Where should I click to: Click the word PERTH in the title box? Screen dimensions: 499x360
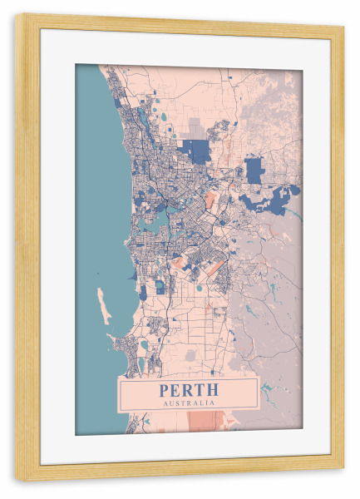[x=189, y=388]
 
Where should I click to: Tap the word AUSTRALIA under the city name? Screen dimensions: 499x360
[x=189, y=403]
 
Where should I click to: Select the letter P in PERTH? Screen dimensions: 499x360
[x=162, y=388]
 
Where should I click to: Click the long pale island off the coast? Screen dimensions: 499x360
[x=103, y=305]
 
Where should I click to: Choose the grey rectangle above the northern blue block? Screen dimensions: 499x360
[x=196, y=129]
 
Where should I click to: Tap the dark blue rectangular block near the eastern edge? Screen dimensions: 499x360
[x=254, y=170]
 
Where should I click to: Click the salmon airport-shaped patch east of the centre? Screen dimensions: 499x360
[x=211, y=200]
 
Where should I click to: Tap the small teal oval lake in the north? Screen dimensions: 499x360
[x=163, y=116]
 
